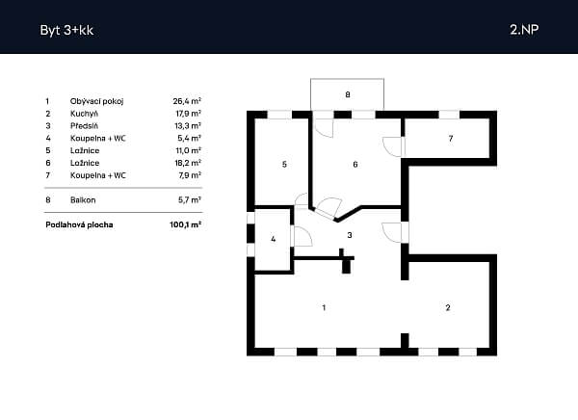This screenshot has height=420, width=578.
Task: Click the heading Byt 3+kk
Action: (66, 30)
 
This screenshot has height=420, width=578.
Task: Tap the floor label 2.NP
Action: (524, 30)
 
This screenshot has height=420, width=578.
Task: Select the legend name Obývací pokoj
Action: (97, 101)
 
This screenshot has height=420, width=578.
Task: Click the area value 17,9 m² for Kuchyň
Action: (188, 114)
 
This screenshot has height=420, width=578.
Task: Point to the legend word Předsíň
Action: (84, 126)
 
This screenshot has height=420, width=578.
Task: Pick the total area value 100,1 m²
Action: (185, 224)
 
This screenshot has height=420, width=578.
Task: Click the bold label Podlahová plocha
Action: (79, 224)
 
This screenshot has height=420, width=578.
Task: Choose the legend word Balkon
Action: (83, 199)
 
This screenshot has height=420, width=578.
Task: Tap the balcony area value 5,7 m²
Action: (190, 199)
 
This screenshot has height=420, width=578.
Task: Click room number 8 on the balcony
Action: (348, 94)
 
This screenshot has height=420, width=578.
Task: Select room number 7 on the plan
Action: (451, 139)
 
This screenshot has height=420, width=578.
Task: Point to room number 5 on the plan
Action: (284, 164)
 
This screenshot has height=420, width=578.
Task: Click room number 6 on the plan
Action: (355, 164)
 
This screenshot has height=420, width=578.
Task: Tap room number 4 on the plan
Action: (274, 239)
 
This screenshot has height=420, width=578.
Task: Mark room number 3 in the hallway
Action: (350, 235)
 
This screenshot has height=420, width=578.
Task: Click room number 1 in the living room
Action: (324, 307)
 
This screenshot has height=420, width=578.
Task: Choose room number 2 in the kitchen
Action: (448, 307)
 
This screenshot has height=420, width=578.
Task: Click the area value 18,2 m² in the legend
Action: (188, 163)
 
